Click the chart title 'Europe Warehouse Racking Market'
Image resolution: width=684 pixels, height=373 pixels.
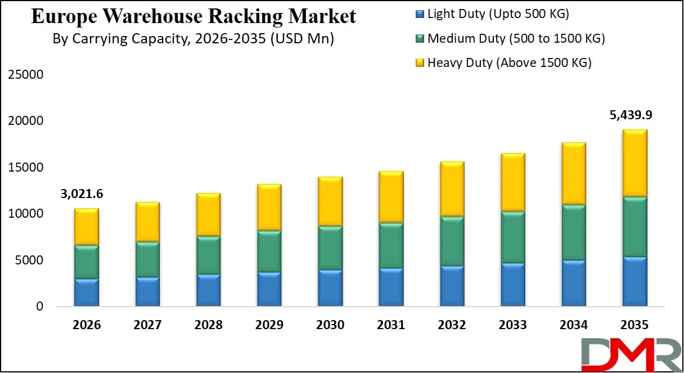pyautogui.click(x=193, y=16)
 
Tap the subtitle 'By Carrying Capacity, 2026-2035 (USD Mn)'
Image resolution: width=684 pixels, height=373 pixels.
pyautogui.click(x=193, y=39)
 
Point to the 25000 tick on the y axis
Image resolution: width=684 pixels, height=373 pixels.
pyautogui.click(x=25, y=75)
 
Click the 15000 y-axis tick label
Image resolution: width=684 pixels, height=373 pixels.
pyautogui.click(x=25, y=168)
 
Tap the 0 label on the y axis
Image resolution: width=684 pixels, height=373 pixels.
pyautogui.click(x=39, y=307)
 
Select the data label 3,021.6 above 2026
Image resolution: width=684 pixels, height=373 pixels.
pyautogui.click(x=83, y=194)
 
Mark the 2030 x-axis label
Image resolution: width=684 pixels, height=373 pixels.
pyautogui.click(x=330, y=325)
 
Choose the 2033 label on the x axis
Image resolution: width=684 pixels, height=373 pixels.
pyautogui.click(x=512, y=325)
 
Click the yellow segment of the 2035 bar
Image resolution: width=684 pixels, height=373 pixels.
pyautogui.click(x=634, y=163)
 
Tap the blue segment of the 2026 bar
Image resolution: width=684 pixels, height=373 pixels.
pyautogui.click(x=86, y=293)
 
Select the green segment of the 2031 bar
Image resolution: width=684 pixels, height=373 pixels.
pyautogui.click(x=390, y=245)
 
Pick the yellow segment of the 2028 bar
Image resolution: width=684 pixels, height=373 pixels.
pyautogui.click(x=208, y=214)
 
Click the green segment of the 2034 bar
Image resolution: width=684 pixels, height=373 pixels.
pyautogui.click(x=573, y=232)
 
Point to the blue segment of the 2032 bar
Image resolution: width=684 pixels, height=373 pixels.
pyautogui.click(x=452, y=286)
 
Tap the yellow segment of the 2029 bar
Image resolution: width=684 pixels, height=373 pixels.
pyautogui.click(x=269, y=207)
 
